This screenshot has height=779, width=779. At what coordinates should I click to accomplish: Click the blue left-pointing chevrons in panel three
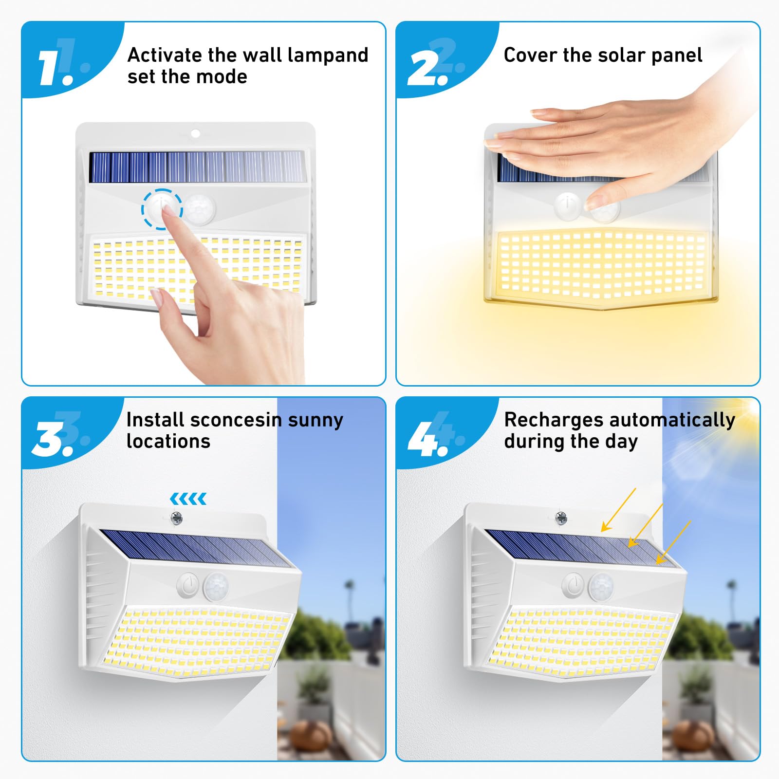tap(188, 499)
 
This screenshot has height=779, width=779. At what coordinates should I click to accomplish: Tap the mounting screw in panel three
tap(176, 518)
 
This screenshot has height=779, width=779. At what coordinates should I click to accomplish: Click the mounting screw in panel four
tap(561, 518)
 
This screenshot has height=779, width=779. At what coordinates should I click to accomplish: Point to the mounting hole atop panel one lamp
tap(195, 133)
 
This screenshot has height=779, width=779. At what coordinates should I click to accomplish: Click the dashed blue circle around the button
tap(162, 209)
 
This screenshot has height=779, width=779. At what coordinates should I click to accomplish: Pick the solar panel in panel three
tap(195, 548)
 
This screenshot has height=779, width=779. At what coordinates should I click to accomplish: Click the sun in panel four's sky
tap(752, 409)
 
